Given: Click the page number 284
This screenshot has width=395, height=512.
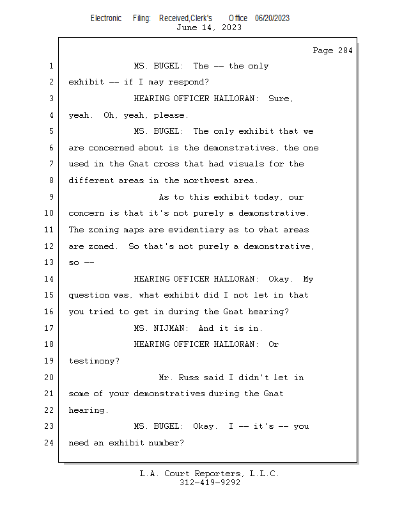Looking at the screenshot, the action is click(345, 51).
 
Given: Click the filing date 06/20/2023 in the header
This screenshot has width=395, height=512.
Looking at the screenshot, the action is click(272, 19).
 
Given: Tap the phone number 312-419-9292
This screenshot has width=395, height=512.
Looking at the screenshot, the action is click(210, 483).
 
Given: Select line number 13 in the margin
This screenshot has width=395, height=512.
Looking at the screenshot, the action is click(49, 262).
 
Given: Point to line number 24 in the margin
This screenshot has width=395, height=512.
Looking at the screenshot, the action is click(49, 443).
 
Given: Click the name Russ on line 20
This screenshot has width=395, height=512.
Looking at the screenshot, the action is click(189, 378).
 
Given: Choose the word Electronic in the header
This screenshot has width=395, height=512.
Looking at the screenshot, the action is click(106, 19).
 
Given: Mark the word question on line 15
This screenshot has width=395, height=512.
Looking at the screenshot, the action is click(89, 296).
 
